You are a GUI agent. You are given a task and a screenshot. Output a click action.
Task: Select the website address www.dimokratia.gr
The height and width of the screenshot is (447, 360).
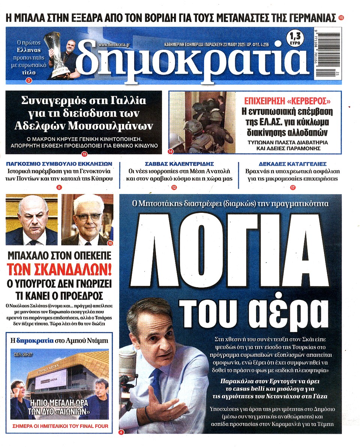point(113,44)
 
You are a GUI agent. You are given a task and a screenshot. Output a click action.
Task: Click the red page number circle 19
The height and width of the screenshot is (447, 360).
point(84,154)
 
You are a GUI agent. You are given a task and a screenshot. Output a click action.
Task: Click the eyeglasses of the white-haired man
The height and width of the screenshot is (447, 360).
point(87,217)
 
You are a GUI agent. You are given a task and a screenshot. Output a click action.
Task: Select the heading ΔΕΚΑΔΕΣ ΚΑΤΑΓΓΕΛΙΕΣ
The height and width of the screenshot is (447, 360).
point(292,164)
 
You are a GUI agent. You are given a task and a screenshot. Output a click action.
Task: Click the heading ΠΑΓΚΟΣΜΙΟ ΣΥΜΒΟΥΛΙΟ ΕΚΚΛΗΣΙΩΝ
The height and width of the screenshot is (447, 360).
point(60,164)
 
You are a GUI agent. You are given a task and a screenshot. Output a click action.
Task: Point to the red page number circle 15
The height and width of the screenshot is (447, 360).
point(341,17)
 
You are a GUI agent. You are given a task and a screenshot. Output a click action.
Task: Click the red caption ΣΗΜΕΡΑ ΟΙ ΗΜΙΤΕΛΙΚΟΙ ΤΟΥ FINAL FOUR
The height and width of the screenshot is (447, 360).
point(60,426)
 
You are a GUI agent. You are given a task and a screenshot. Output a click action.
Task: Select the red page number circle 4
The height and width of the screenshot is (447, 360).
point(121,432)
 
